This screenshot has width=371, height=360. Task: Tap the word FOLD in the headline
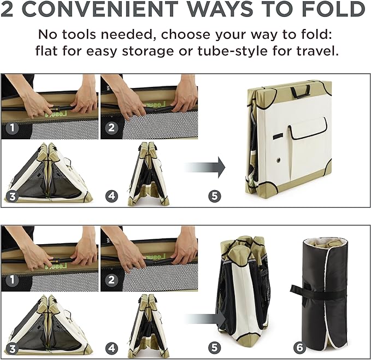[x=334, y=9]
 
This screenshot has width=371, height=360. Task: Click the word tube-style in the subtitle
[x=233, y=51]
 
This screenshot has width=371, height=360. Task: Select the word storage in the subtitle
[x=148, y=51]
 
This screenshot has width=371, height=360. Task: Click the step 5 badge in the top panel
[x=215, y=196]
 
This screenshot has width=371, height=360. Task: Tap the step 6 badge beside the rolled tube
[x=299, y=347]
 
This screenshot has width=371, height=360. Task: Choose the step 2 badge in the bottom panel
[x=111, y=280]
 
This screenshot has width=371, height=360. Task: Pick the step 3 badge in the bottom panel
[x=13, y=349]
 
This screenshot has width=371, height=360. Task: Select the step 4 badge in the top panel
[x=111, y=196]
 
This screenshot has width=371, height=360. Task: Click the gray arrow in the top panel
[x=205, y=168]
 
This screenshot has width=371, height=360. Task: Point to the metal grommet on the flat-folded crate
[x=279, y=161]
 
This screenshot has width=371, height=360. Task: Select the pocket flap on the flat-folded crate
[x=307, y=128]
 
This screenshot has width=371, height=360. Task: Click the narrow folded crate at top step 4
[x=149, y=174]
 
